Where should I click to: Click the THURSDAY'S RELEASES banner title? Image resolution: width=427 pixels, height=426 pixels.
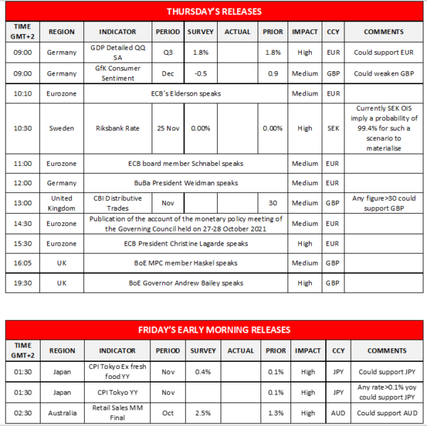tap(213, 11)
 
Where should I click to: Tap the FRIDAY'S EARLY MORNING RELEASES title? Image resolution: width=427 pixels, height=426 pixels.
tap(213, 330)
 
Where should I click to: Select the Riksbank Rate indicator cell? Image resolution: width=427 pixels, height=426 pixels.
tap(117, 129)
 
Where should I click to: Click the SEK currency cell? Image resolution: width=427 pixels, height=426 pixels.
tap(333, 129)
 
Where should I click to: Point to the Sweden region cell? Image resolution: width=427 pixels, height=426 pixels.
tap(61, 129)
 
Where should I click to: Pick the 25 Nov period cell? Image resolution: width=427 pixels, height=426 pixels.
tap(168, 129)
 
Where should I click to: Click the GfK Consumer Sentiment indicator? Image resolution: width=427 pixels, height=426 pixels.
tap(117, 73)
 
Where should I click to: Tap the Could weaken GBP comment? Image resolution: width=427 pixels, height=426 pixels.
tap(384, 73)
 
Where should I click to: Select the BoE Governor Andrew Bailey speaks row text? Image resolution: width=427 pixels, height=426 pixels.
tap(186, 283)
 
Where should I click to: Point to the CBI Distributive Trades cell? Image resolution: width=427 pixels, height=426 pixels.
tap(117, 202)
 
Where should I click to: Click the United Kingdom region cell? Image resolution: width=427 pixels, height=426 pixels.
tap(61, 202)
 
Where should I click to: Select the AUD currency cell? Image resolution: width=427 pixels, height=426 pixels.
tap(333, 413)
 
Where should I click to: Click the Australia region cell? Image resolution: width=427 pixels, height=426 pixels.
tap(61, 413)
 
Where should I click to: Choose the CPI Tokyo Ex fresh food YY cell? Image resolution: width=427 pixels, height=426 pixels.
tap(117, 372)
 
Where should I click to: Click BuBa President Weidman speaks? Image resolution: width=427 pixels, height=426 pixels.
tap(186, 183)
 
